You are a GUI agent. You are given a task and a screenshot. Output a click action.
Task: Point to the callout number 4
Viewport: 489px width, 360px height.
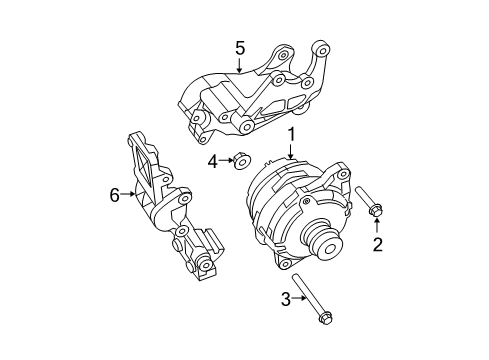pyautogui.click(x=212, y=160)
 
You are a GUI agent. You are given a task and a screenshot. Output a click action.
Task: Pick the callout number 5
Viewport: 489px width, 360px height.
pyautogui.click(x=240, y=47)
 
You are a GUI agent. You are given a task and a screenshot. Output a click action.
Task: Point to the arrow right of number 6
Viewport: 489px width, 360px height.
pyautogui.click(x=133, y=196)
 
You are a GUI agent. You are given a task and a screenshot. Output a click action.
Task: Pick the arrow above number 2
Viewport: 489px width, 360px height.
pyautogui.click(x=377, y=226)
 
